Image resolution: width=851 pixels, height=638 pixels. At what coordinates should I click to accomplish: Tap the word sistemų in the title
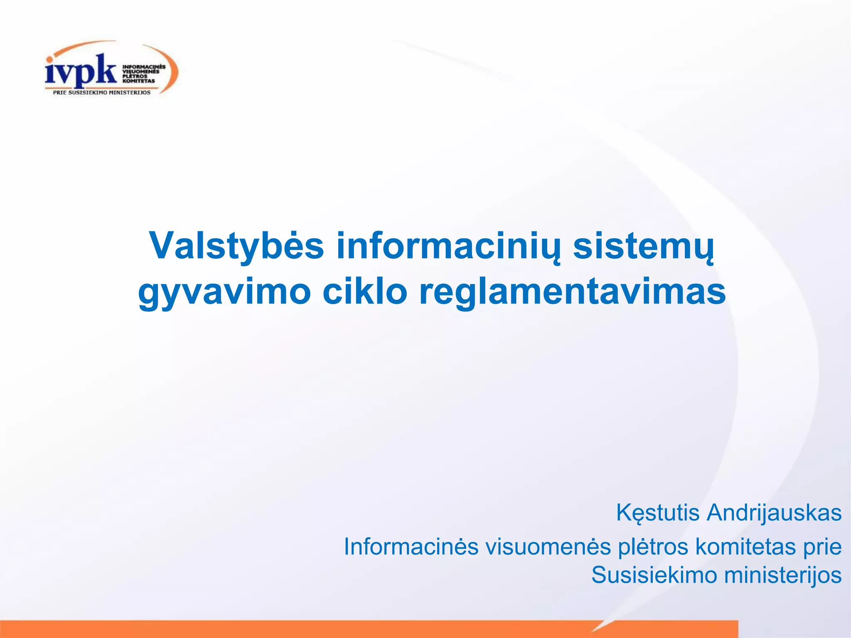pos(644,246)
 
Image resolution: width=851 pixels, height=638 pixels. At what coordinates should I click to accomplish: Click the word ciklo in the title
pos(364,291)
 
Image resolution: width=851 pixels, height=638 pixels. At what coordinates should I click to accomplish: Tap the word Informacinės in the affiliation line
pos(411,547)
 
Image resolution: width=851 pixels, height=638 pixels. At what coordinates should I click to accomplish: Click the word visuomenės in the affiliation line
pos(548,547)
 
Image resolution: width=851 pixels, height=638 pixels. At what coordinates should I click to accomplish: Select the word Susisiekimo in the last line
pos(654,576)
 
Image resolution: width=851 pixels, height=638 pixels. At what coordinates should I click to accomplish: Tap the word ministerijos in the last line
pos(783,576)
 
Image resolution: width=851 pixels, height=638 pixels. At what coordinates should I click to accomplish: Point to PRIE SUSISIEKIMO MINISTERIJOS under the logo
pos(102,93)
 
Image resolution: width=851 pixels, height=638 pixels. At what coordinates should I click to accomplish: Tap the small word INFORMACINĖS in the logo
pos(144,66)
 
